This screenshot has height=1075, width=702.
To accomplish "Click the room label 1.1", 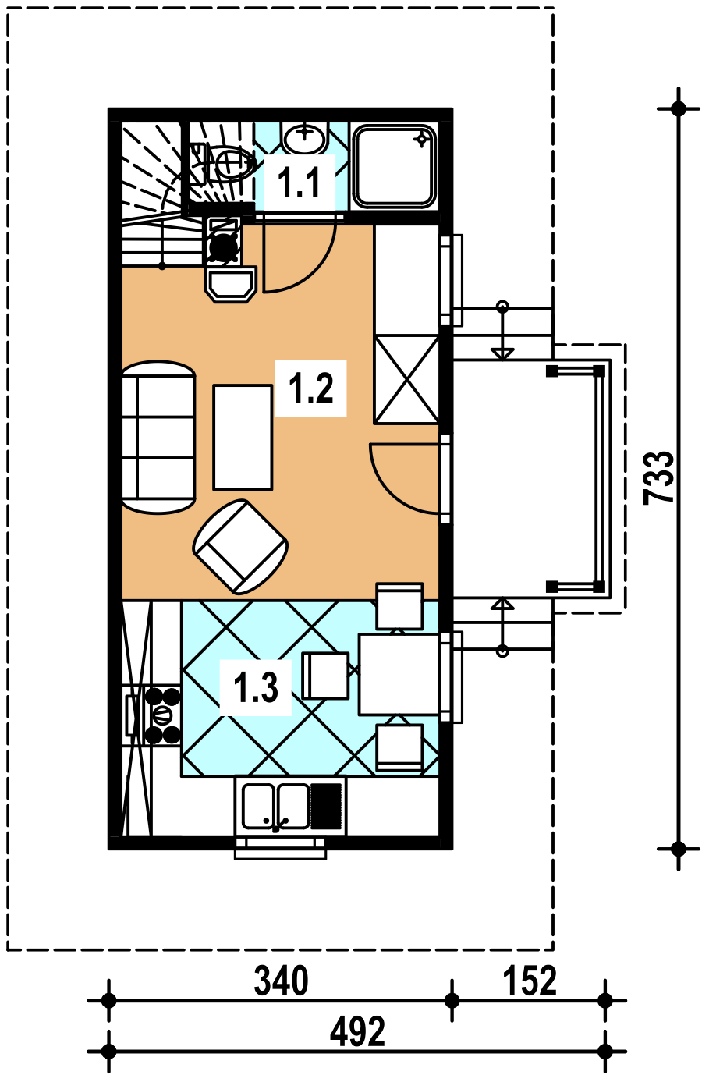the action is click(x=299, y=183).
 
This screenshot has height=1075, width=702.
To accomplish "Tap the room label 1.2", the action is click(x=310, y=388).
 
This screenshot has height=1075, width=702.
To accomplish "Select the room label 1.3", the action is click(x=255, y=688).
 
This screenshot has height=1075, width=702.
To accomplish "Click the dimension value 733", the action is click(x=659, y=477).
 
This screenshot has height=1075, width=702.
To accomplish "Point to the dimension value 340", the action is click(x=281, y=982).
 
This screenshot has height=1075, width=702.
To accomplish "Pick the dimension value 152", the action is click(x=530, y=982).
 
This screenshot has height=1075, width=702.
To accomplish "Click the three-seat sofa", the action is click(x=159, y=437).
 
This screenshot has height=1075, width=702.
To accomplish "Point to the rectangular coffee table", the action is click(x=243, y=437).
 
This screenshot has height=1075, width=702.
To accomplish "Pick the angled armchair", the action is click(x=240, y=547).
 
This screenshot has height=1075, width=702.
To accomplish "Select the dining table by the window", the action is click(x=399, y=674).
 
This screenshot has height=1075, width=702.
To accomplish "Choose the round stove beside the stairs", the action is click(x=224, y=246).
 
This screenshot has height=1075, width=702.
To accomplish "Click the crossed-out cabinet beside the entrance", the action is click(x=406, y=380).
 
